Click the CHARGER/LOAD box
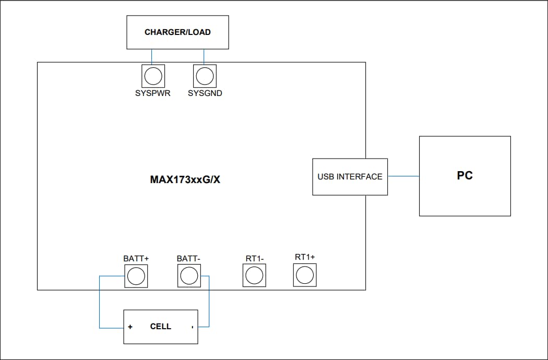point(177,32)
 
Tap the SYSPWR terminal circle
point(152,77)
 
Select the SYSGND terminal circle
point(205,77)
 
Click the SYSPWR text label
point(153,94)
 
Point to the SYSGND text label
point(205,94)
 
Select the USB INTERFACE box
point(350,177)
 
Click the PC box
point(464,176)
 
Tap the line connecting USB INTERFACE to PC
point(403,176)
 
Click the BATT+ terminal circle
point(136,275)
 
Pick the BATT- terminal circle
point(189,275)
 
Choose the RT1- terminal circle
point(254,275)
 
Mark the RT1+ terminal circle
point(305,274)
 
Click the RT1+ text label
point(305,257)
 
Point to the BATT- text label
point(188,259)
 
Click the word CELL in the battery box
point(160,327)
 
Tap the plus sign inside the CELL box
point(130,327)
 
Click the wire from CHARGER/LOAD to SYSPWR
point(152,56)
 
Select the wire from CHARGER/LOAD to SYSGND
point(204,56)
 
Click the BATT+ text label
point(136,259)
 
